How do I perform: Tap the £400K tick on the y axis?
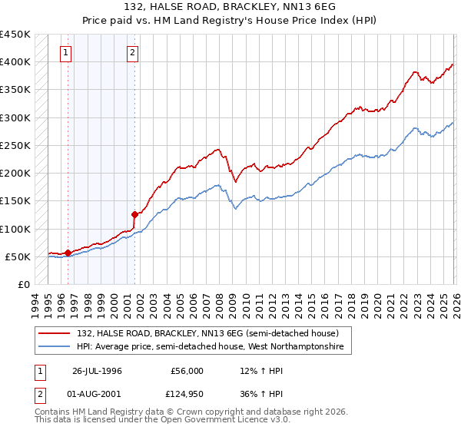[15, 62]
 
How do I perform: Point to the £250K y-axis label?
[15, 145]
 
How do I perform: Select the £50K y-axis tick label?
[18, 256]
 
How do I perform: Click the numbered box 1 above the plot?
[66, 53]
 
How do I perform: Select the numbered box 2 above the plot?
[133, 53]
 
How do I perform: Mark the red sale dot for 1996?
[68, 253]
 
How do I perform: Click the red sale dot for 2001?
[134, 215]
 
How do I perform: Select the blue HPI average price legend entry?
[214, 347]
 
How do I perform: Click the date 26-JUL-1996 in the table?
[97, 371]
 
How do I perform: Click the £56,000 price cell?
[187, 371]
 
